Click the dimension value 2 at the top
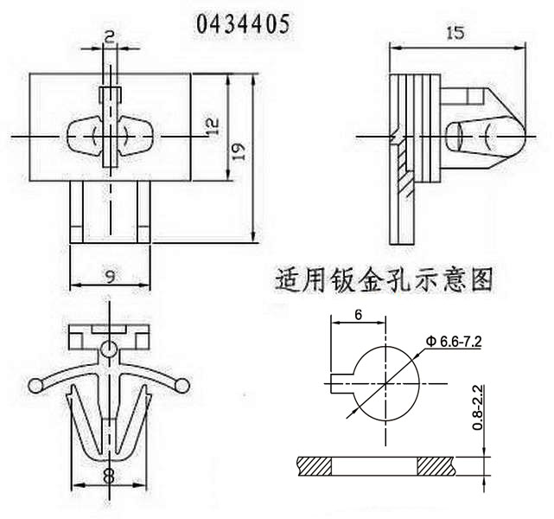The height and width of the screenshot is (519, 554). pyautogui.click(x=111, y=35)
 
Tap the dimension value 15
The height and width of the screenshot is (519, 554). pyautogui.click(x=455, y=33)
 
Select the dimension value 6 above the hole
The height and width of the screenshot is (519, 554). pyautogui.click(x=357, y=316)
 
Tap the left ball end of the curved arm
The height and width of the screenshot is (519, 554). pyautogui.click(x=35, y=386)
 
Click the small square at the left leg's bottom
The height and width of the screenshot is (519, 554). pyautogui.click(x=77, y=233)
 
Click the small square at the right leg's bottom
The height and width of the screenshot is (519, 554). pyautogui.click(x=143, y=233)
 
